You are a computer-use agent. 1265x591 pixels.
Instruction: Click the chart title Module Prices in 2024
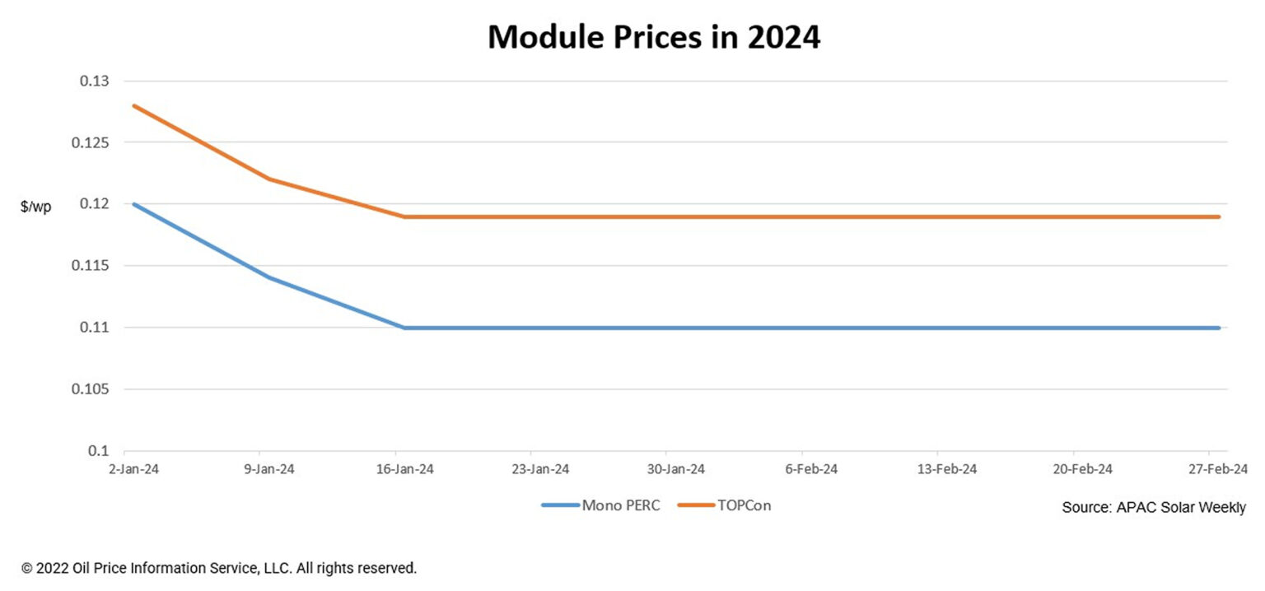(654, 37)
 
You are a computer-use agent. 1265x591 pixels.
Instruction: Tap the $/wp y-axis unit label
(35, 207)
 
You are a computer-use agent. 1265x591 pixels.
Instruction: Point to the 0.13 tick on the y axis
(93, 81)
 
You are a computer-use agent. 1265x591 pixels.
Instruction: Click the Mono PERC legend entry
(601, 505)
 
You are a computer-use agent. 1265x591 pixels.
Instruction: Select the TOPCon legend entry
(725, 505)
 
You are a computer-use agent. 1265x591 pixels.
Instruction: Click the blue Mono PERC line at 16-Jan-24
(404, 328)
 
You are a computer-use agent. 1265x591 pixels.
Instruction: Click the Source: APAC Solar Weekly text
(1154, 508)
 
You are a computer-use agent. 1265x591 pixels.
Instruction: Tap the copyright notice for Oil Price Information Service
(219, 568)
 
